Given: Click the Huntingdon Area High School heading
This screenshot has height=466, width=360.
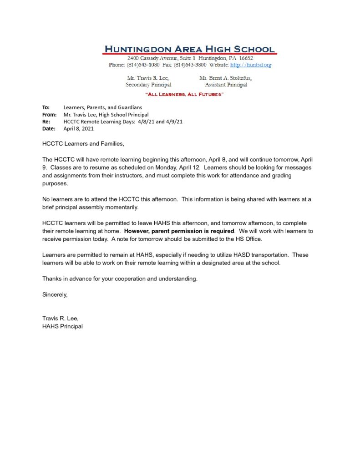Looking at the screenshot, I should (189, 49).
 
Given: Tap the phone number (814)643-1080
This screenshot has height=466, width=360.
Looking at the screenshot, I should (140, 65).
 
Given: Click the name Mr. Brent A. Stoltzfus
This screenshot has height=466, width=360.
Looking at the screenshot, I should (225, 78).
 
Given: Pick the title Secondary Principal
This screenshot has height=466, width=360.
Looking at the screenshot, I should (148, 85).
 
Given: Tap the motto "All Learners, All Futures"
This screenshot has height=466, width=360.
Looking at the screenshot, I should (184, 94).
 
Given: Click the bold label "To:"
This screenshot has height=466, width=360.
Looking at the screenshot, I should (46, 107).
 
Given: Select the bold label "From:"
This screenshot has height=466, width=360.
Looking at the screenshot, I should (49, 115).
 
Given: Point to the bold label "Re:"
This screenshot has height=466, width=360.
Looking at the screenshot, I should (46, 122).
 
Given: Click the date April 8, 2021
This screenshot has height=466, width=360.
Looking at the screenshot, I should (78, 129).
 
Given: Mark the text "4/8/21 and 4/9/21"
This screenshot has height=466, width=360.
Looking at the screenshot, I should (160, 122).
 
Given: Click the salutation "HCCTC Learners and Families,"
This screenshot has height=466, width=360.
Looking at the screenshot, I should (83, 144).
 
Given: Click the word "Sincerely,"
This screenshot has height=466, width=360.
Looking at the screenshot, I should (55, 294).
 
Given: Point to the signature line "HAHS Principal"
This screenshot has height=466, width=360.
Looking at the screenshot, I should (62, 326).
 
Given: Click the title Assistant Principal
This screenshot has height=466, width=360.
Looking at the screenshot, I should (226, 85).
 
